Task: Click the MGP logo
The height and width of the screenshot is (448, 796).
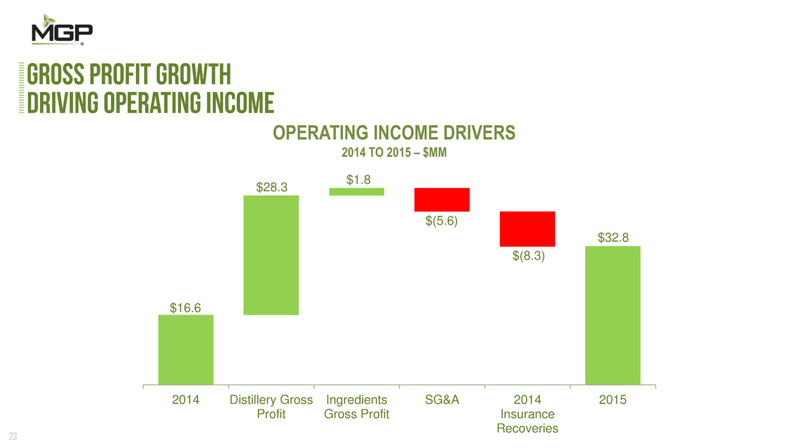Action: tap(62, 30)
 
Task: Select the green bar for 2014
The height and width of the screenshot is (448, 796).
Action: tap(186, 350)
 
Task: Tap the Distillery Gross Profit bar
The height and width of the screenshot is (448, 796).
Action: tap(271, 255)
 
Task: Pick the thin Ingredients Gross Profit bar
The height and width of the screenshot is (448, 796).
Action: tap(356, 191)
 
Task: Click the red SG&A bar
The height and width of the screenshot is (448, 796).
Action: tap(442, 200)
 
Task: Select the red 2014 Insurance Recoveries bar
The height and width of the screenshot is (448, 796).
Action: tap(527, 229)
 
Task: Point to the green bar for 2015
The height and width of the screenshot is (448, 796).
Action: tap(612, 315)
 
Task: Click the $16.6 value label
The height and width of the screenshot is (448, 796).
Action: tap(186, 308)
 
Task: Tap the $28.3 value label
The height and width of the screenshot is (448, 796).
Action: tap(271, 187)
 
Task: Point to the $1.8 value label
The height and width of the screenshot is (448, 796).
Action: tap(356, 180)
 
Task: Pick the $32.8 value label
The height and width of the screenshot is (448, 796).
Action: tap(612, 238)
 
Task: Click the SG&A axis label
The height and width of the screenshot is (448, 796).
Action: tap(442, 400)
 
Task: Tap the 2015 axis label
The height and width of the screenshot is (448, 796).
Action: tap(612, 400)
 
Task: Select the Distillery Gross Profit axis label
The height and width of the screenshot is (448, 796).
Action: tap(271, 407)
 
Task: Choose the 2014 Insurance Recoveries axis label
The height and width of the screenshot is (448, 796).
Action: tap(527, 414)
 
